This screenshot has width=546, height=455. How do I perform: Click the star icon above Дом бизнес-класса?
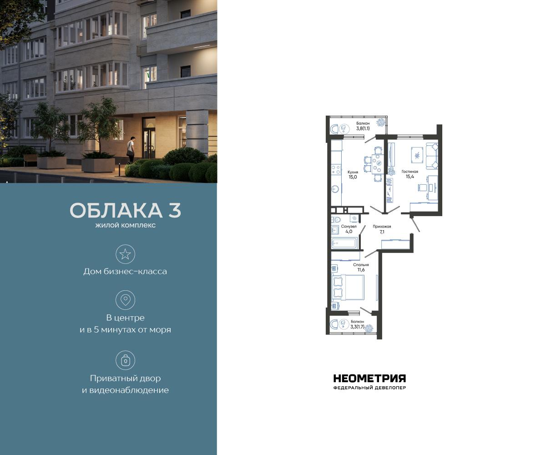(125, 254)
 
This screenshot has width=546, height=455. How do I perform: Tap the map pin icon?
(125, 300)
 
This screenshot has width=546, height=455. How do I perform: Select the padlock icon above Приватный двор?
(125, 360)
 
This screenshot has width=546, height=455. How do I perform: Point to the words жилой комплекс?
(126, 225)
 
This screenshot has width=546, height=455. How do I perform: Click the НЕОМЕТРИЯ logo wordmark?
(369, 379)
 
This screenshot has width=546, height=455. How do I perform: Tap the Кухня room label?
(353, 172)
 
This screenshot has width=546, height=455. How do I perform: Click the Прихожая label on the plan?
(382, 226)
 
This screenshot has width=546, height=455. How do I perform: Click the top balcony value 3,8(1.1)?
(363, 128)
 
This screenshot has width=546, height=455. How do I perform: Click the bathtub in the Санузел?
(344, 243)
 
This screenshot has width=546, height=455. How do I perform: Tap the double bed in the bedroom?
(348, 287)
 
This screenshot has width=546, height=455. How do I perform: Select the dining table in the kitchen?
(377, 164)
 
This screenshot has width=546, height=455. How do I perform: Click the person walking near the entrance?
(131, 149)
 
